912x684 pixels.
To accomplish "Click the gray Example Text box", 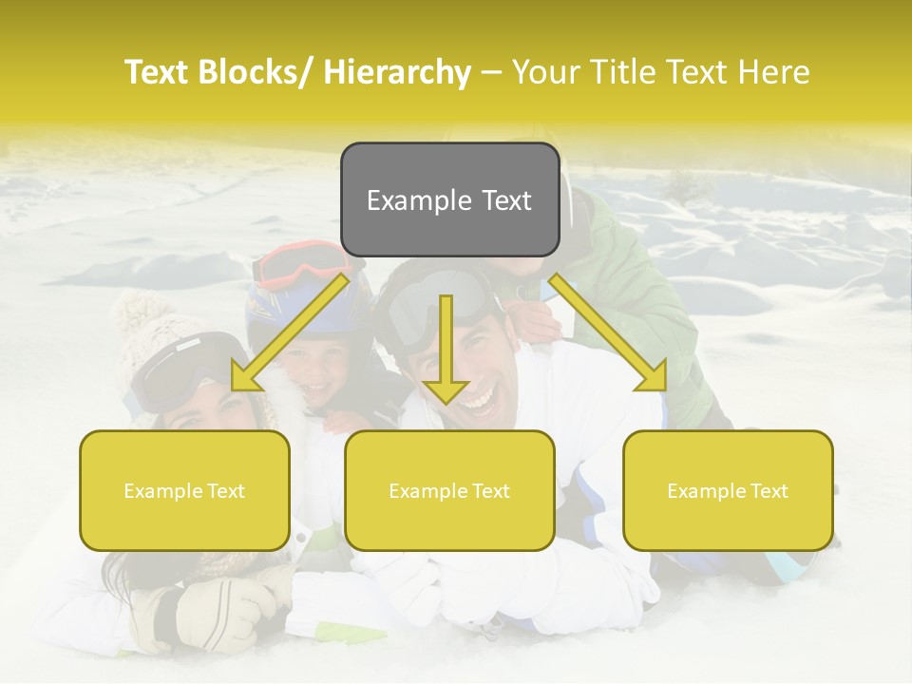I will (449, 200).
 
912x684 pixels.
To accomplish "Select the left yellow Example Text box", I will (184, 491).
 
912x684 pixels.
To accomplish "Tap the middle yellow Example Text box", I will (449, 491).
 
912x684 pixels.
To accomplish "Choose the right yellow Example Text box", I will (728, 491).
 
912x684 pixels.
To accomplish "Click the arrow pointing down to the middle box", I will (446, 351).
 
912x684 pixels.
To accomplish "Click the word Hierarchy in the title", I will (397, 73).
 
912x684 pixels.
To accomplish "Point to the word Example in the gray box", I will (419, 200).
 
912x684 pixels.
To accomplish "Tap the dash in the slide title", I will (491, 73).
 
